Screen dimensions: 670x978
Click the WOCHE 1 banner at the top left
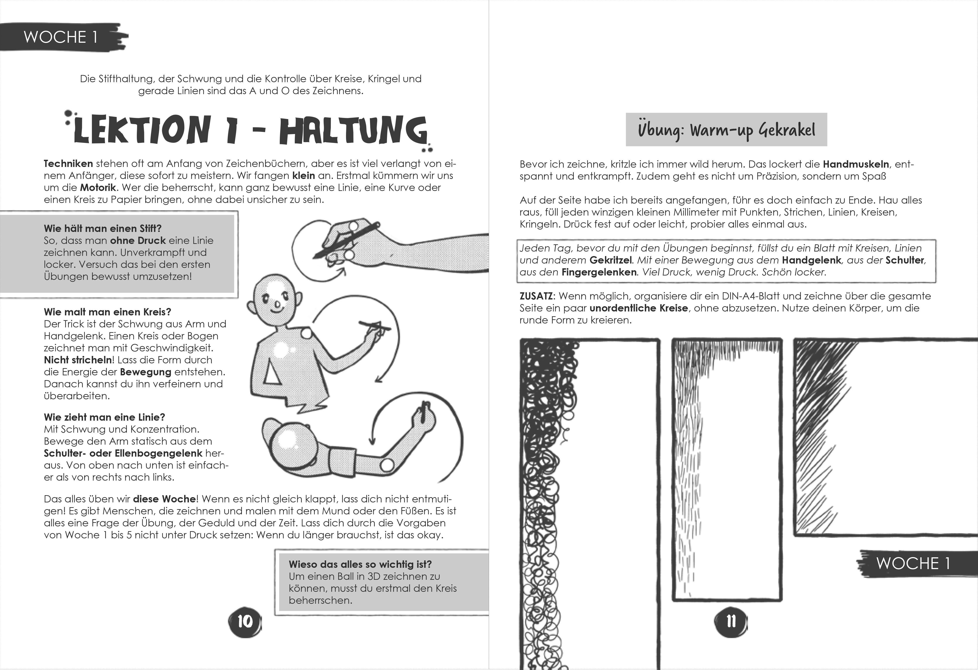pyautogui.click(x=61, y=37)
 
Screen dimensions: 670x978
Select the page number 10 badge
pyautogui.click(x=245, y=621)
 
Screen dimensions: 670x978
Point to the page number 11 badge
pyautogui.click(x=731, y=621)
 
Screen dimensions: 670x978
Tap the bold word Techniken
pyautogui.click(x=68, y=164)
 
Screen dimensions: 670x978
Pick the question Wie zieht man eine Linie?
pyautogui.click(x=104, y=417)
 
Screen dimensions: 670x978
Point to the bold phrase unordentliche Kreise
pyautogui.click(x=638, y=308)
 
